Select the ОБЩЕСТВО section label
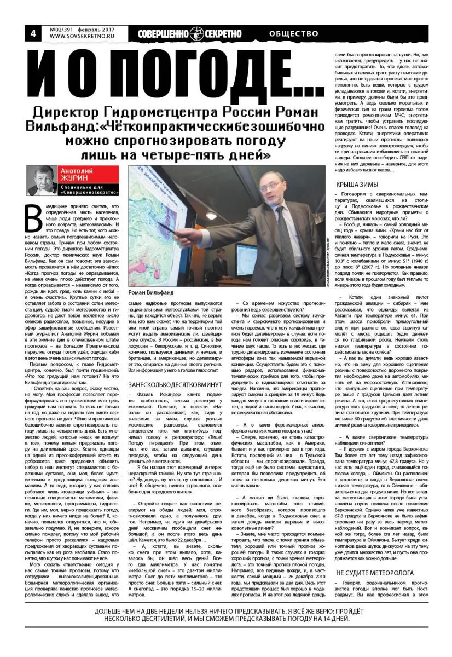click(x=294, y=33)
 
